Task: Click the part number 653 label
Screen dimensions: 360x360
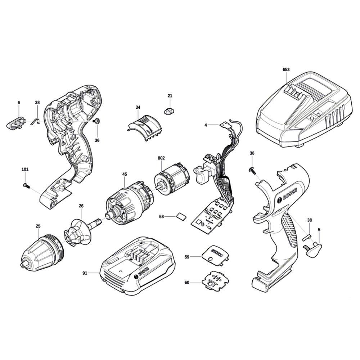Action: pos(286,69)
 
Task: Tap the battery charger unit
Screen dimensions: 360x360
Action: pos(304,110)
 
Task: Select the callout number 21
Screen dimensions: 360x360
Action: pos(170,96)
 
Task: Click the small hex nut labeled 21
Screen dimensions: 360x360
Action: pos(170,112)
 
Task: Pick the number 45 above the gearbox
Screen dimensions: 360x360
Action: pos(125,174)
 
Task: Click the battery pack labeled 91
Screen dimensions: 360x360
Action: pos(138,265)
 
